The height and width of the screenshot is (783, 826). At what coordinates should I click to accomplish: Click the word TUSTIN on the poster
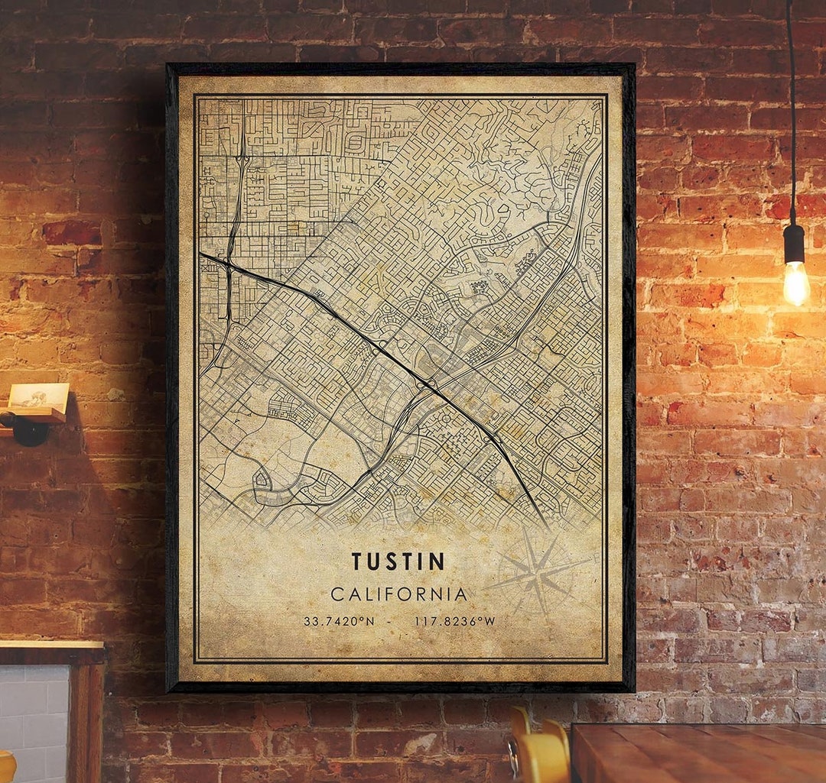tap(398, 561)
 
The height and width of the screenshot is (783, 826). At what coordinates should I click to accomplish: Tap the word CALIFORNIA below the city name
tap(398, 594)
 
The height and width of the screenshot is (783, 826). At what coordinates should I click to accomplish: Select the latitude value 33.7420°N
tap(339, 621)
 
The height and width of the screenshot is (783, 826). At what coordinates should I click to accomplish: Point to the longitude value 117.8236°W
tap(454, 621)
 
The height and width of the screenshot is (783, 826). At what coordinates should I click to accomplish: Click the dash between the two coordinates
tap(391, 621)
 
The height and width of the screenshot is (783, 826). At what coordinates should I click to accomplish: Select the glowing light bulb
tap(795, 283)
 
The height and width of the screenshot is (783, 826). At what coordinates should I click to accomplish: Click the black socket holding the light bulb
tap(794, 243)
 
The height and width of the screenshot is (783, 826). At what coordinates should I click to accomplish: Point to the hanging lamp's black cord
tap(791, 115)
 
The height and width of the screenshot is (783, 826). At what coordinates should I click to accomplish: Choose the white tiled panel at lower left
tap(34, 722)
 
